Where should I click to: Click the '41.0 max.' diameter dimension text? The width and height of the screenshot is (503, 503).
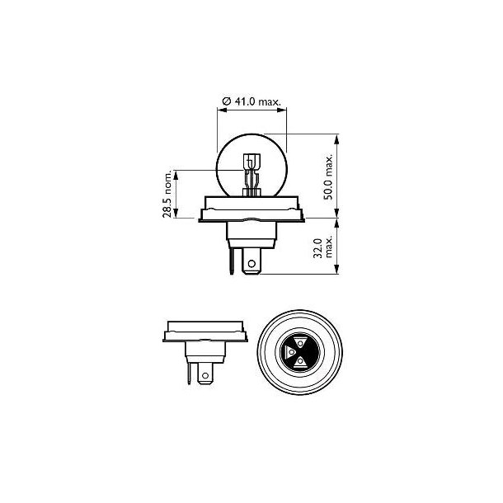click(x=256, y=101)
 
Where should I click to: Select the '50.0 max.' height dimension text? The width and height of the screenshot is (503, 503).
click(x=327, y=176)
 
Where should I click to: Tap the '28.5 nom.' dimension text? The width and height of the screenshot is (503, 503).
click(x=167, y=195)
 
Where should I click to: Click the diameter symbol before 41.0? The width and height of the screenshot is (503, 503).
click(x=226, y=101)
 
